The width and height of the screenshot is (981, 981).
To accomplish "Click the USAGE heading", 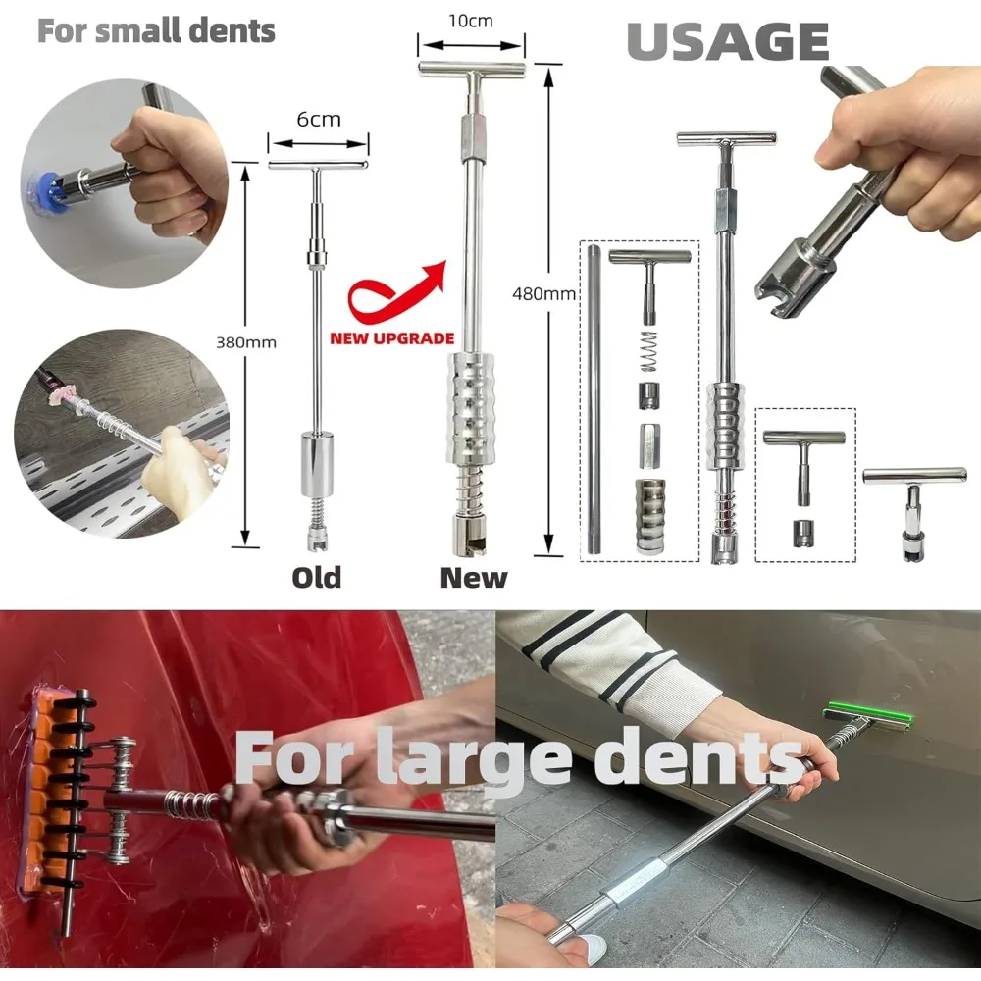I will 727,40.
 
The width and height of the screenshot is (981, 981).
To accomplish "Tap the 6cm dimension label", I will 319,119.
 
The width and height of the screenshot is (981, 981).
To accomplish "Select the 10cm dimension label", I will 470,21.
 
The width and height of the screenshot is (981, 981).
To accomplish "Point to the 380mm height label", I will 246,342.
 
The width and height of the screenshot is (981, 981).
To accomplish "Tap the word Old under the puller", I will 317,577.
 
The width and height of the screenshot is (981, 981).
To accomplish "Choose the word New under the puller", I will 474,577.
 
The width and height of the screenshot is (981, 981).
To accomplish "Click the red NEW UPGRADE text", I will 391,338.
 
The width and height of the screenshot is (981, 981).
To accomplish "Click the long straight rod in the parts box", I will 594,402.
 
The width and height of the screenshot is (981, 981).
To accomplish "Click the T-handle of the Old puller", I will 319,165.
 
